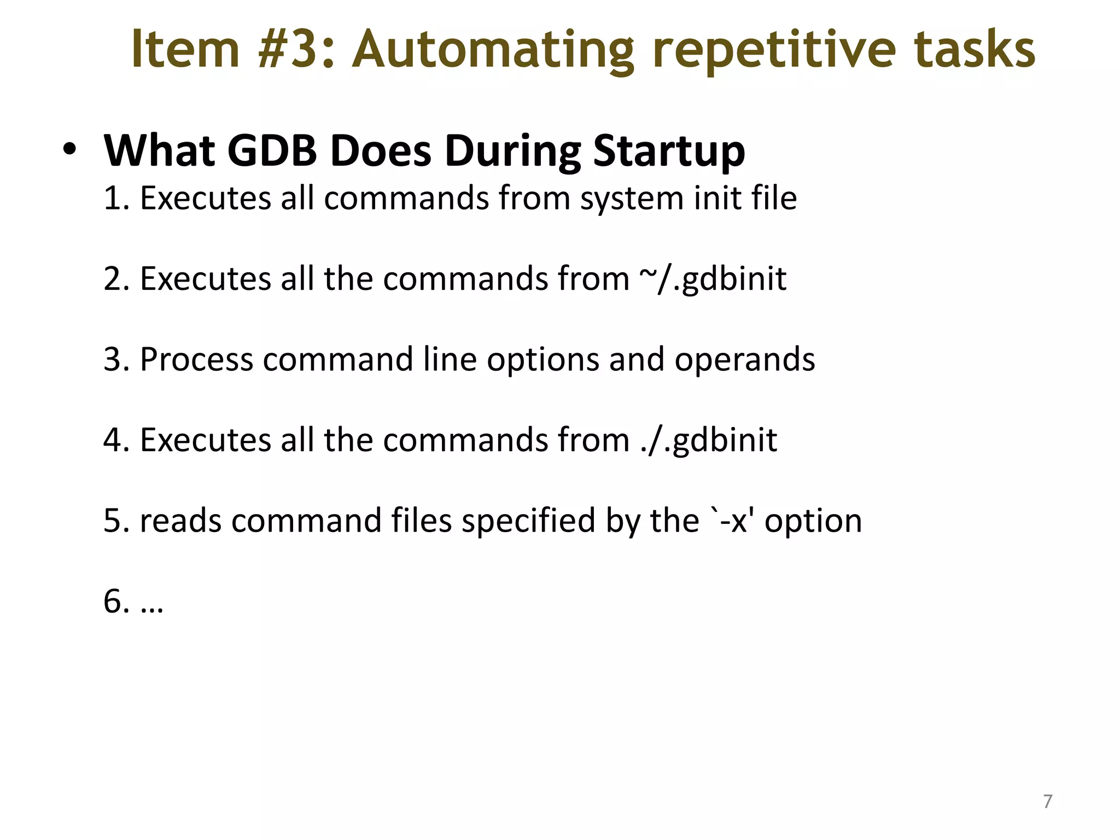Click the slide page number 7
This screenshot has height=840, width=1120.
(x=1047, y=801)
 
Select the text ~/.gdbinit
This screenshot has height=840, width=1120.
(x=712, y=279)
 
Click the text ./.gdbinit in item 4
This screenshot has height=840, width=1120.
(x=708, y=440)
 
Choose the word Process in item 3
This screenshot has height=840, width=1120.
(x=196, y=360)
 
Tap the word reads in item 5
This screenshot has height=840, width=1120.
(x=180, y=521)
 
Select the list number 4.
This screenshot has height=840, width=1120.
(x=112, y=440)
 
